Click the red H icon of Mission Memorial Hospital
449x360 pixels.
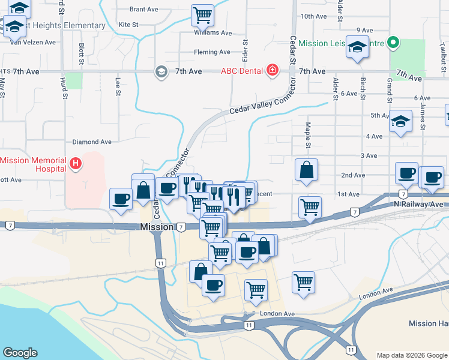tap(76, 163)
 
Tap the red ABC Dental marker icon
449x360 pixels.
tap(273, 70)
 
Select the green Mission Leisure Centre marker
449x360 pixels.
tap(393, 43)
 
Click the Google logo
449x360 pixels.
tap(20, 353)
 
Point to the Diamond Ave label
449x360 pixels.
tap(92, 142)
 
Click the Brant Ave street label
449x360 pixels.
tap(143, 10)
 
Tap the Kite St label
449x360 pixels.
tap(128, 25)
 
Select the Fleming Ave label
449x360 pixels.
tap(212, 52)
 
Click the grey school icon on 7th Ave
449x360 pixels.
tap(161, 72)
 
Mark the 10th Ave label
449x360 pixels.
tap(313, 16)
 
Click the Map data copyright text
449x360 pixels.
tap(411, 355)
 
